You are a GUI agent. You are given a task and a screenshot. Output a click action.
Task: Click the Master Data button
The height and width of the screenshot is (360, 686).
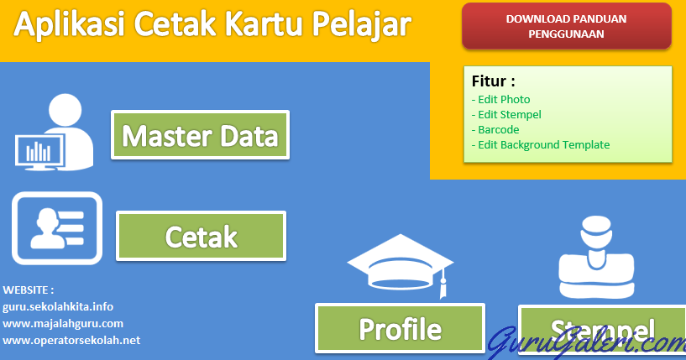pos(201,135)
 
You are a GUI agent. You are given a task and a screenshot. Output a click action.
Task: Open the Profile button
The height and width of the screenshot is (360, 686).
pos(400,328)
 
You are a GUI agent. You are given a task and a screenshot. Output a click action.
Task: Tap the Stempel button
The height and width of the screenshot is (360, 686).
pos(602,331)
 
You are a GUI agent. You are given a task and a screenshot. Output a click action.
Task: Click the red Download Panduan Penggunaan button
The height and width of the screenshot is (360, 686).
pos(567,26)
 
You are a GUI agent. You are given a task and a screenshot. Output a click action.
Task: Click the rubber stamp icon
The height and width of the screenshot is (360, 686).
pos(597,258)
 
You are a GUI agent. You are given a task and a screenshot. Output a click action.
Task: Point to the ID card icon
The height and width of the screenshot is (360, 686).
pos(57,228)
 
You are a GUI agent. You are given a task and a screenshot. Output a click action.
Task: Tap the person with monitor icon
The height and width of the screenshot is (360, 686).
pos(55,132)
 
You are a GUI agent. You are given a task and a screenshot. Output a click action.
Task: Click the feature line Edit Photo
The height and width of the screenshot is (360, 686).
pos(501,100)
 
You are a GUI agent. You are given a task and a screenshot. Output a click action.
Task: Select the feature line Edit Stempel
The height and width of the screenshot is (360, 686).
pos(506,115)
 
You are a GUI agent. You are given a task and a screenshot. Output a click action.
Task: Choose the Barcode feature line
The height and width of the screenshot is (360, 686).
pos(495,130)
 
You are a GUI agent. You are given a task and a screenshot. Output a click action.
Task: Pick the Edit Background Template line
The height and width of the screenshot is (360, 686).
pos(541,145)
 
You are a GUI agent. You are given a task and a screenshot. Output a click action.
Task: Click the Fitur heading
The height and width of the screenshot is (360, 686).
pos(493,81)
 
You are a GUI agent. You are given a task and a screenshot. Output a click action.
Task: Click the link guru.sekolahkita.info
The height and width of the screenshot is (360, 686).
pos(58,306)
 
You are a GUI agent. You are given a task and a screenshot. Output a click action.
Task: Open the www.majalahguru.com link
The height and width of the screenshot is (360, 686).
pos(63,324)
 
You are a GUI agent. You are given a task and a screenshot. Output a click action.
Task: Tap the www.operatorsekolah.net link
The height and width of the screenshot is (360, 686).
pos(71,341)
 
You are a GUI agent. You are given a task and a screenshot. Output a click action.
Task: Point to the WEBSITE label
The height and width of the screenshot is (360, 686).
pos(29,290)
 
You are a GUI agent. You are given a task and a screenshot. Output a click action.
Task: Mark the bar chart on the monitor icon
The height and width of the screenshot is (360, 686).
pos(38,152)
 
